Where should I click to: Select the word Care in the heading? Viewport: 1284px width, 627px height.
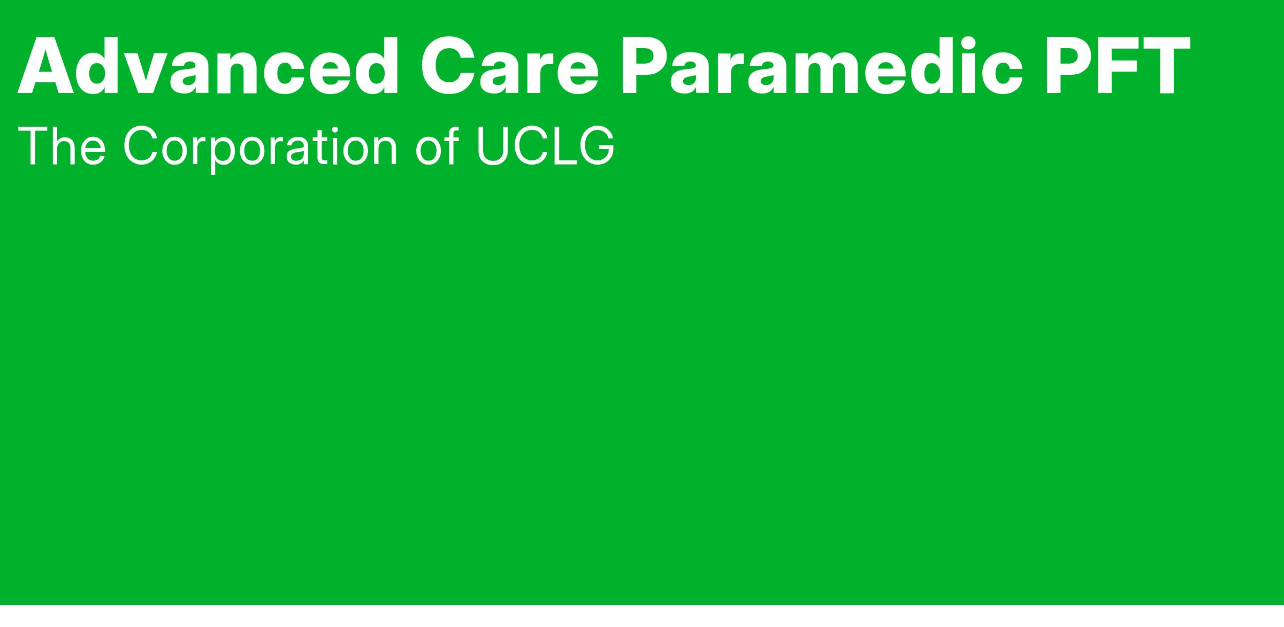coord(509,67)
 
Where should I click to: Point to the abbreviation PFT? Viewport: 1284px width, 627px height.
coord(1116,67)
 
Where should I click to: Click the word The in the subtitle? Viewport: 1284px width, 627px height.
coord(62,146)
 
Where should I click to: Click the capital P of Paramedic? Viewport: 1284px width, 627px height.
coord(647,67)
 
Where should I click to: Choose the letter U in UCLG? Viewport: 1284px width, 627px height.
coord(492,146)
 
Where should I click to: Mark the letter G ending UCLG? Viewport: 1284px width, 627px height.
coord(597,146)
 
